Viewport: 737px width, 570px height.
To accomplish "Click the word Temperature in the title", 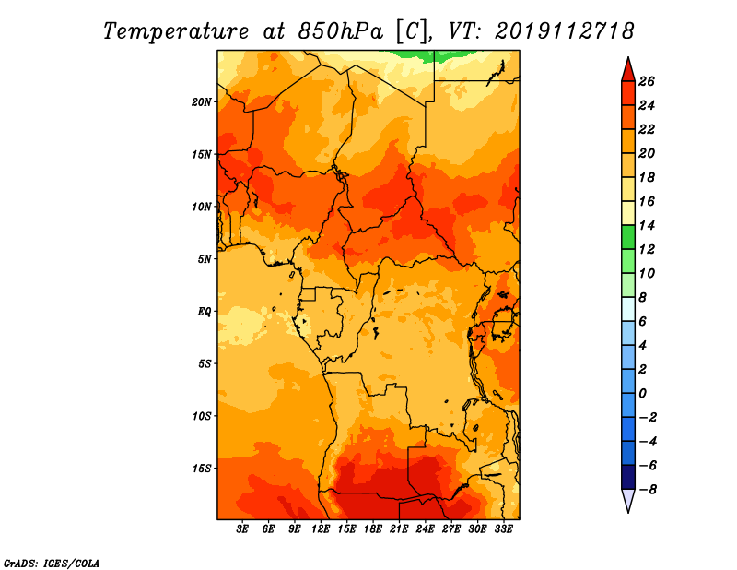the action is pyautogui.click(x=176, y=31).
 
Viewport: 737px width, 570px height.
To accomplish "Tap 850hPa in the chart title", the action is pyautogui.click(x=341, y=31).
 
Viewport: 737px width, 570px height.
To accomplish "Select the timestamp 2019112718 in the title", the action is pyautogui.click(x=565, y=31).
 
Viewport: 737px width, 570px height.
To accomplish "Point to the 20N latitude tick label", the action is pyautogui.click(x=202, y=102).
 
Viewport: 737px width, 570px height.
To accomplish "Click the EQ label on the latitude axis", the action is pyautogui.click(x=205, y=312).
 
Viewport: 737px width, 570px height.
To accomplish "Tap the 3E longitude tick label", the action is pyautogui.click(x=242, y=529).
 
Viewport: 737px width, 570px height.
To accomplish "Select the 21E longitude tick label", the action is pyautogui.click(x=399, y=529).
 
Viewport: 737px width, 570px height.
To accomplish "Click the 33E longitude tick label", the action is pyautogui.click(x=503, y=529).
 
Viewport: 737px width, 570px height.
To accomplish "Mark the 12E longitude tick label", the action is pyautogui.click(x=321, y=529).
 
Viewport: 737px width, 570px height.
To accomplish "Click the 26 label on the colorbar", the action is pyautogui.click(x=647, y=81).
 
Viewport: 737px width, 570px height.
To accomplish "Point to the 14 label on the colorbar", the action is pyautogui.click(x=647, y=225).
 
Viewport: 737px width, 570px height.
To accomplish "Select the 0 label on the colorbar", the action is pyautogui.click(x=642, y=394).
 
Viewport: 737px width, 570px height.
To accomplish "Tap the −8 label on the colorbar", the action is pyautogui.click(x=647, y=490).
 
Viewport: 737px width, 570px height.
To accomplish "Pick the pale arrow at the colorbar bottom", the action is pyautogui.click(x=628, y=499).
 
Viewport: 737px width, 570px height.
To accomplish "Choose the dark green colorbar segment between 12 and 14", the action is pyautogui.click(x=628, y=237).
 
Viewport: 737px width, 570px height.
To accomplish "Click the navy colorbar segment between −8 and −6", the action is pyautogui.click(x=628, y=477).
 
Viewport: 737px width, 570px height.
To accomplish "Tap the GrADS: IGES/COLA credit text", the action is pyautogui.click(x=52, y=564).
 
